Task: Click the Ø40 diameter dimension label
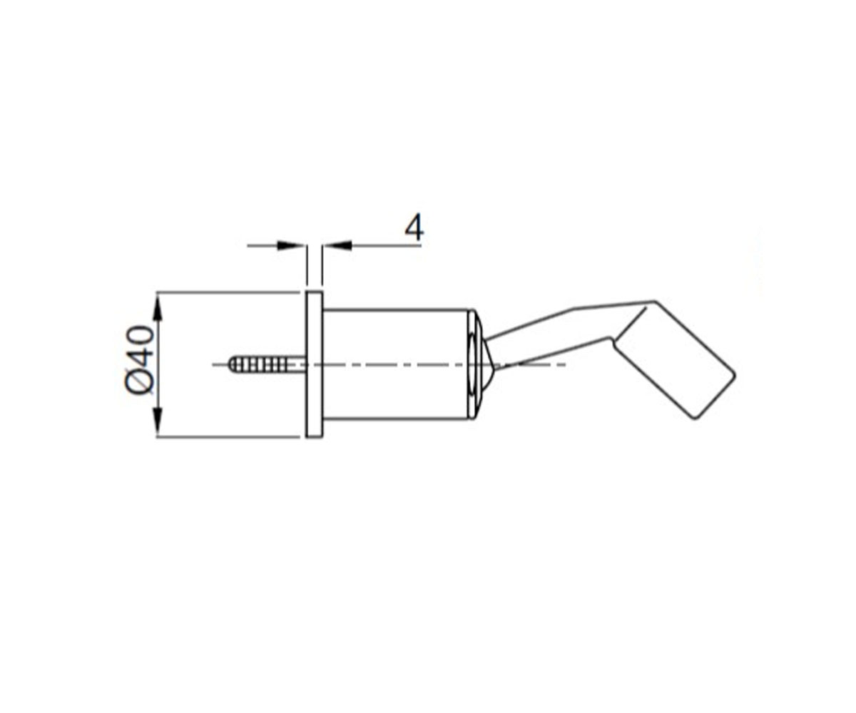click(x=140, y=359)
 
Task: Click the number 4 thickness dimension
click(x=414, y=228)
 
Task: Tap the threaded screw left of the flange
click(x=267, y=364)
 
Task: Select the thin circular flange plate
click(x=314, y=364)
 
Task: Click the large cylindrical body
click(x=396, y=364)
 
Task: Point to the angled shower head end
click(x=674, y=361)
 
